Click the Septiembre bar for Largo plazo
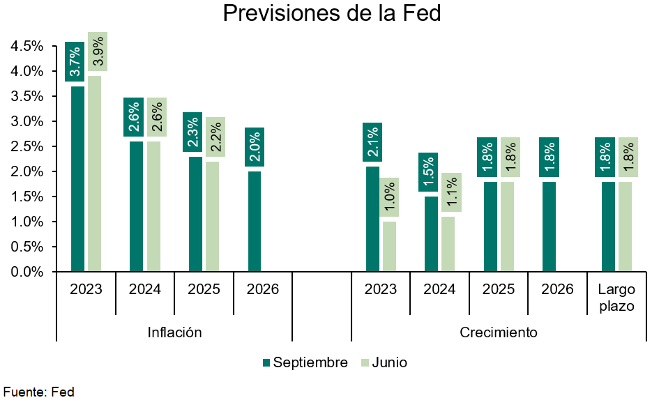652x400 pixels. pos(608,226)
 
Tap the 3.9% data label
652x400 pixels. pos(98,52)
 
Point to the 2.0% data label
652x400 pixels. pos(255,147)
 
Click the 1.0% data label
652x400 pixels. pos(390,197)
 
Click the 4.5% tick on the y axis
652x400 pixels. pos(27,46)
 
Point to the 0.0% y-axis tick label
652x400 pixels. pos(27,272)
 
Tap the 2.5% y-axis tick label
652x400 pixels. pos(27,146)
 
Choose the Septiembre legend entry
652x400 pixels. pos(305,362)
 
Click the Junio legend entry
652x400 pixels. pos(384,362)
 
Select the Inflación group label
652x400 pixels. pos(174,332)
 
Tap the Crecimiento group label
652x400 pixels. pos(499,332)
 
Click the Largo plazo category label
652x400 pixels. pos(616,298)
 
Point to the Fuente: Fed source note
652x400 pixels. pos(39,392)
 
